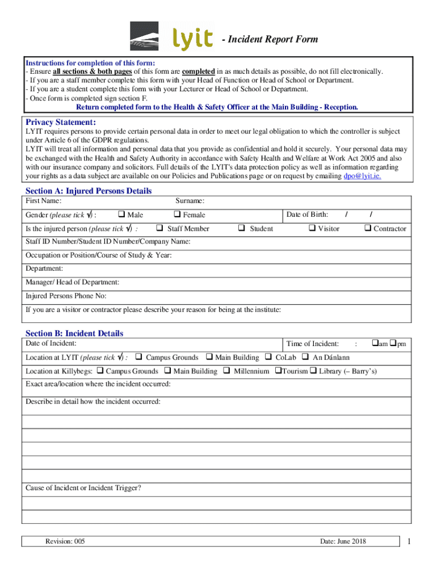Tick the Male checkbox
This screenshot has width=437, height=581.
pyautogui.click(x=121, y=214)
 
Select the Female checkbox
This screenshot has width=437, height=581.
pyautogui.click(x=177, y=214)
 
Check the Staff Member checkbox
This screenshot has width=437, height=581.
pyautogui.click(x=160, y=228)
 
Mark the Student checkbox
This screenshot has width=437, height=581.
pyautogui.click(x=241, y=228)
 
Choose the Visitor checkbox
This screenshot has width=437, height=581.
pyautogui.click(x=312, y=228)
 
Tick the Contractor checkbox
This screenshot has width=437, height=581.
pyautogui.click(x=367, y=228)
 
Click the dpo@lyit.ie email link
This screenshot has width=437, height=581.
pyautogui.click(x=362, y=176)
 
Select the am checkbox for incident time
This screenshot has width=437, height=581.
pyautogui.click(x=375, y=343)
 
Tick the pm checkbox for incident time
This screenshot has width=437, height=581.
pyautogui.click(x=393, y=343)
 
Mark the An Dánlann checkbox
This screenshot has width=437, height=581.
pyautogui.click(x=305, y=357)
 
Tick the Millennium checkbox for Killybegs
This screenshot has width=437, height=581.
pyautogui.click(x=226, y=371)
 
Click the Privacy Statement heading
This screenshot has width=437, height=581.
pyautogui.click(x=61, y=123)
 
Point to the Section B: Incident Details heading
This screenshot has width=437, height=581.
pyautogui.click(x=74, y=334)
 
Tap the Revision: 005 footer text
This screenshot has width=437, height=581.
pyautogui.click(x=65, y=541)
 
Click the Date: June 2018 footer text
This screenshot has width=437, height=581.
pyautogui.click(x=343, y=541)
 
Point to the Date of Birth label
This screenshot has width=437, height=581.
pyautogui.click(x=307, y=214)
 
